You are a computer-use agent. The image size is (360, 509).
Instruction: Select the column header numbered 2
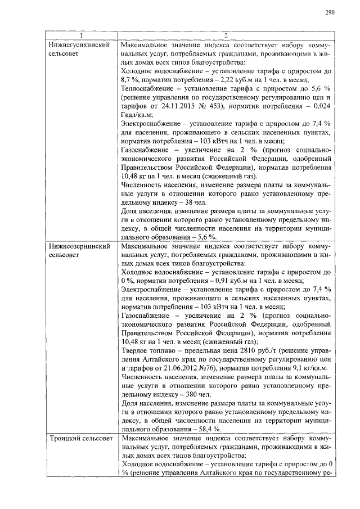[x=225, y=35]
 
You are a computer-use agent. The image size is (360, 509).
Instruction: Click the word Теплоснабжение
[x=148, y=89]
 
